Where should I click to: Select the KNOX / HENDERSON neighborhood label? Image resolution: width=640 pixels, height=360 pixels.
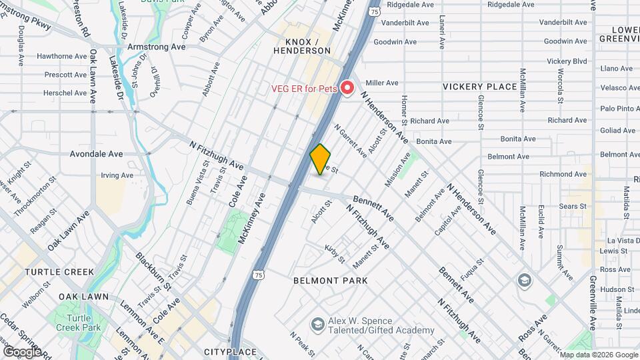303,45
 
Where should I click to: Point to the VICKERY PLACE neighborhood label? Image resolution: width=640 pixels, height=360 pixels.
480,87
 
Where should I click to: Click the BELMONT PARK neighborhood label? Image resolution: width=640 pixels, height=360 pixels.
331,281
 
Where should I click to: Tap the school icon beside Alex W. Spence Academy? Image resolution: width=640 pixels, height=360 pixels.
317,324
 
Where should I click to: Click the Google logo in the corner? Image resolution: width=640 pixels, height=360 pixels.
22,351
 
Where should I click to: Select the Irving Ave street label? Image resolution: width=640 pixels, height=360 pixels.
117,175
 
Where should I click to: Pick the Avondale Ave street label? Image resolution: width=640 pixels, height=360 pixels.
97,153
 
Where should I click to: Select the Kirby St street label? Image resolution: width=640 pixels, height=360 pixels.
335,254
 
